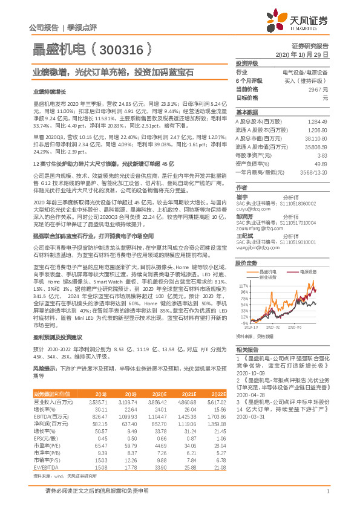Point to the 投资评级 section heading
pos(246,63)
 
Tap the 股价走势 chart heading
pos(246,247)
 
